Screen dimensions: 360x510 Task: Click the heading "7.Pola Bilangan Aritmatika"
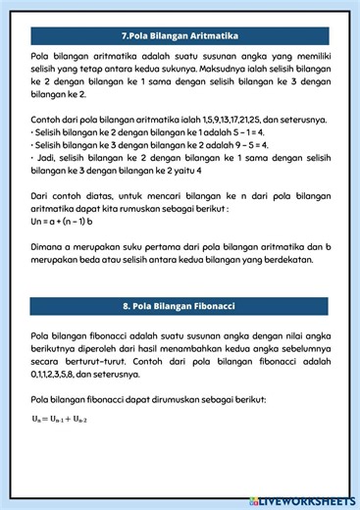(x=180, y=35)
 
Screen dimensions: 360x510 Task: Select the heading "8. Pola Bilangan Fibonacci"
(x=180, y=307)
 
